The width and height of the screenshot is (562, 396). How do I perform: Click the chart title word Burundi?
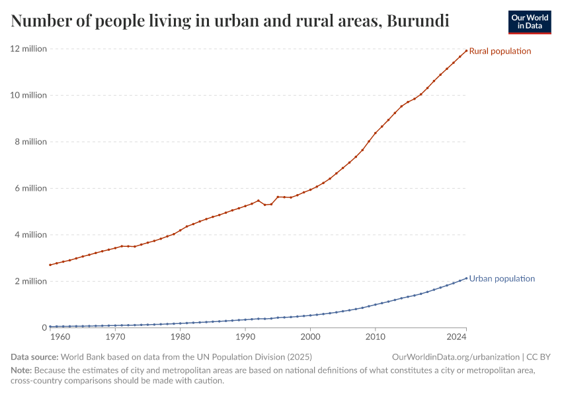[418, 21]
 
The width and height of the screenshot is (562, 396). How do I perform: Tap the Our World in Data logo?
[529, 22]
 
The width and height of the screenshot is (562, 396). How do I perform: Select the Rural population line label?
[500, 51]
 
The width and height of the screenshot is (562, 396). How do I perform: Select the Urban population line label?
[502, 279]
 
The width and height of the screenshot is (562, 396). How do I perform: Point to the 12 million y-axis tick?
[28, 49]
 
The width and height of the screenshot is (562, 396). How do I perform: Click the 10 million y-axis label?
[28, 95]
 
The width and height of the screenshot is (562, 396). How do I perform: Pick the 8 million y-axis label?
[30, 142]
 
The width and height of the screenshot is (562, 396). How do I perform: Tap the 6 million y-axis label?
[30, 188]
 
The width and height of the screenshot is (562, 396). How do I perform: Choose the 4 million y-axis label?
[30, 235]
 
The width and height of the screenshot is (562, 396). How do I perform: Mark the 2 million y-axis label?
[30, 281]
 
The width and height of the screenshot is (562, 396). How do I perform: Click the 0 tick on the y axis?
[44, 327]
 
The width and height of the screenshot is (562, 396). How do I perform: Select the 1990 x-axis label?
[245, 337]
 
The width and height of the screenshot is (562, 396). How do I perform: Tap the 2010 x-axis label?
[376, 337]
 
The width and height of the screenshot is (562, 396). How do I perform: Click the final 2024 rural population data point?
[466, 51]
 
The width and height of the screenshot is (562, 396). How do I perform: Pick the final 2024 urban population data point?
[466, 278]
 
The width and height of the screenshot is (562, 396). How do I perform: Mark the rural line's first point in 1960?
[50, 265]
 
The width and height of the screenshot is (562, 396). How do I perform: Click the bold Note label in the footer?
[21, 370]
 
